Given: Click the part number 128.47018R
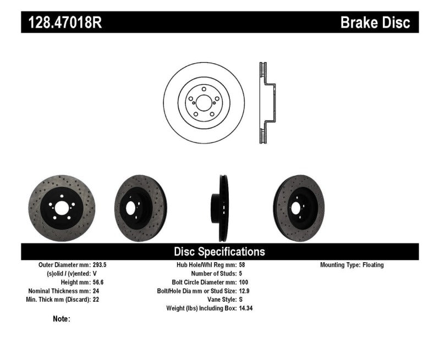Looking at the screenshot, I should click(x=62, y=23).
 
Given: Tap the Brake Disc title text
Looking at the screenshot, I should click(x=375, y=23).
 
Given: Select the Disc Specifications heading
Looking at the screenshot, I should click(x=219, y=252).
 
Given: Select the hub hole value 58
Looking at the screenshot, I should click(x=243, y=265).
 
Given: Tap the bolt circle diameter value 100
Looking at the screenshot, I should click(x=244, y=282).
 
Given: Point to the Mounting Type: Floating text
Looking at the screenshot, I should click(x=352, y=265).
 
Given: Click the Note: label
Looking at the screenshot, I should click(x=62, y=319).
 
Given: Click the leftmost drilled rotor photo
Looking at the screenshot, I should click(x=61, y=208).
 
